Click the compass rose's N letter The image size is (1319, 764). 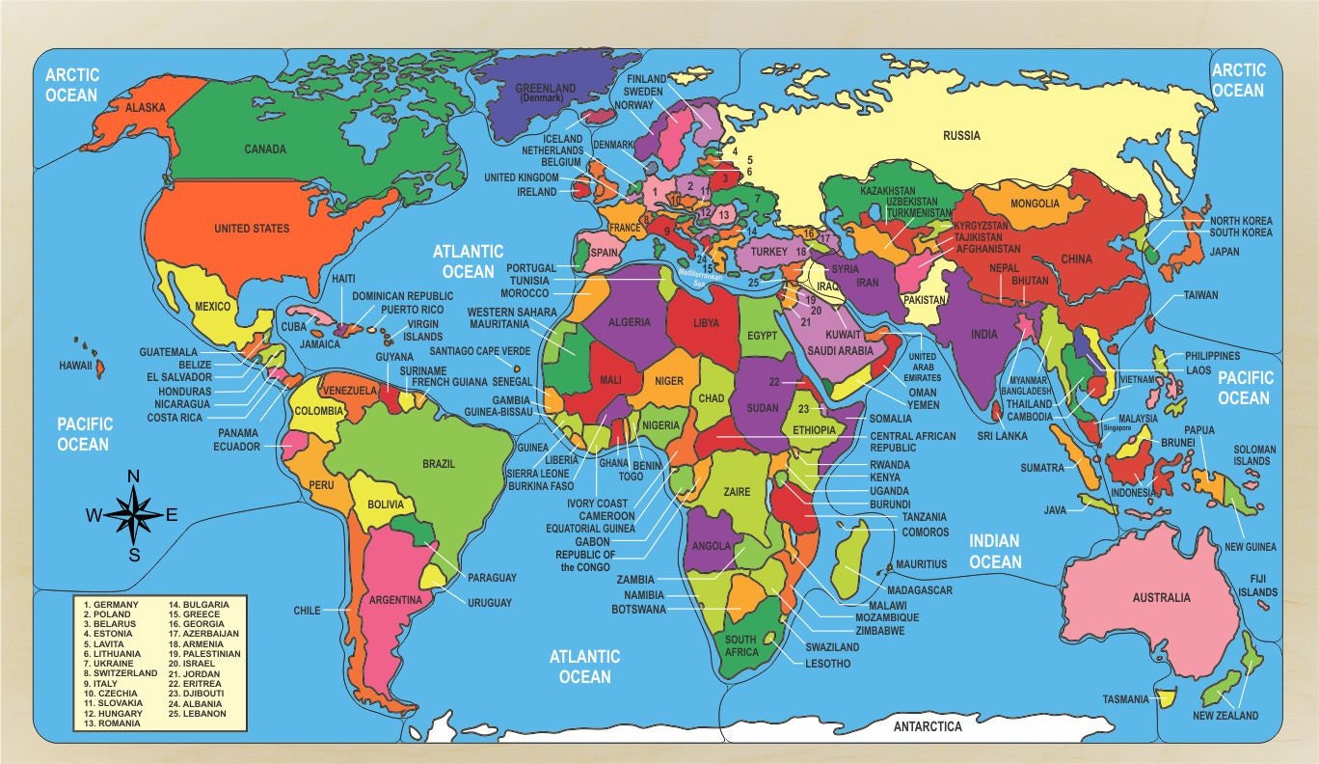134,476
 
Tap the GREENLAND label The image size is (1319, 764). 545,89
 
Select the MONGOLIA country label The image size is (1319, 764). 1035,204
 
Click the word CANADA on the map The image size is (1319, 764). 265,150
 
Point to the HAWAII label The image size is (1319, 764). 75,367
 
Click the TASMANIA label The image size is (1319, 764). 1126,699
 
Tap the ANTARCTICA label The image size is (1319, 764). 928,726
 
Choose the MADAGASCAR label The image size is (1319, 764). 920,590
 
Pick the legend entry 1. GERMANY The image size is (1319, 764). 111,605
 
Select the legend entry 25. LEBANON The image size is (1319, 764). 198,713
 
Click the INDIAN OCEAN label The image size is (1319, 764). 995,551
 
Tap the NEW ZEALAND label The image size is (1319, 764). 1225,716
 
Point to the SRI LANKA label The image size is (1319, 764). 1003,435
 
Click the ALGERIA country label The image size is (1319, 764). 630,322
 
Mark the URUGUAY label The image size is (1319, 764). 490,602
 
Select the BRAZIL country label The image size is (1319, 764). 439,464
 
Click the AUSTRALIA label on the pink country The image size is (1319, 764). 1162,598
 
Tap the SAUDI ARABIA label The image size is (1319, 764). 841,351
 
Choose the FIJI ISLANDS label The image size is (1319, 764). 1258,585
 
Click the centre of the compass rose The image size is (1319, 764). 134,514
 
